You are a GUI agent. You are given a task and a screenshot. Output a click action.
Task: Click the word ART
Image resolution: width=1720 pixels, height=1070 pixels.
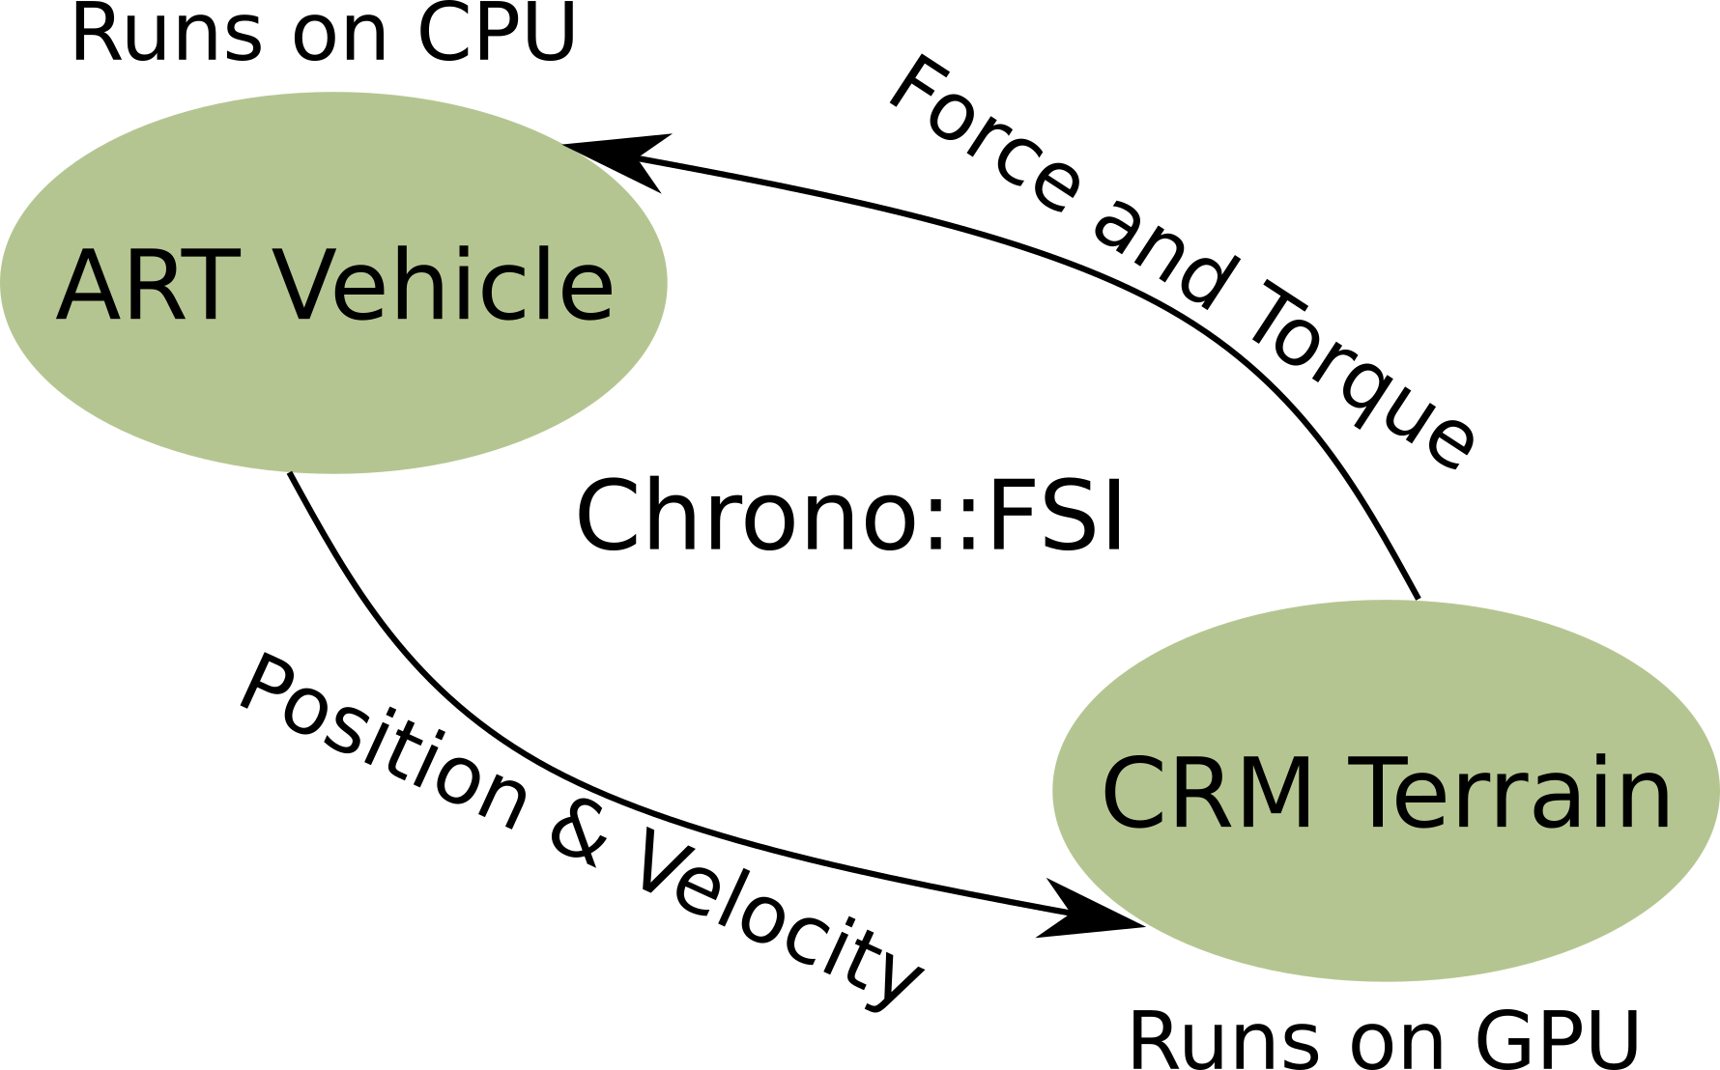click(x=147, y=286)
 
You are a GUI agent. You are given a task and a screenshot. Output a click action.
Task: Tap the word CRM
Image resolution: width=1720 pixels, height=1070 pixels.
click(x=1207, y=794)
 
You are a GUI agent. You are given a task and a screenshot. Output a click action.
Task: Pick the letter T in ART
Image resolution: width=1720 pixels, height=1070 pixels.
click(x=210, y=286)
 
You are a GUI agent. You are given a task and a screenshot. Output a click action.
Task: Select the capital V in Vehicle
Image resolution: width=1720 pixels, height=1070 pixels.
click(x=311, y=286)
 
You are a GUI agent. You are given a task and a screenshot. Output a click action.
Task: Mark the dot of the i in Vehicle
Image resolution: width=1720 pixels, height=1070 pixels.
click(x=478, y=252)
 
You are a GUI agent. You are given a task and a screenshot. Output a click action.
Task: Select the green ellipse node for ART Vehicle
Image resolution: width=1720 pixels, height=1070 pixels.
click(x=333, y=406)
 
